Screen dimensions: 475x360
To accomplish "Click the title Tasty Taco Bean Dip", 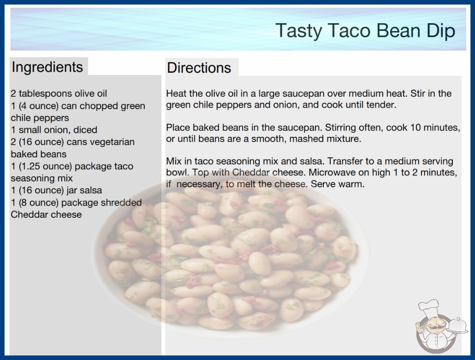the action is (x=366, y=30).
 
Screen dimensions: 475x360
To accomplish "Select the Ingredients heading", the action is (x=47, y=67).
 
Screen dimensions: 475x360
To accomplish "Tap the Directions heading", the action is (x=199, y=68).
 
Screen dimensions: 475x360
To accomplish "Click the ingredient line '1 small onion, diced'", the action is (x=54, y=130).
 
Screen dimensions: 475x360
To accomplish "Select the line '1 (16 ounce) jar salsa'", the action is (x=56, y=190).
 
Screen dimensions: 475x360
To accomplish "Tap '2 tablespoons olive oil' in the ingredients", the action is (x=59, y=94).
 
